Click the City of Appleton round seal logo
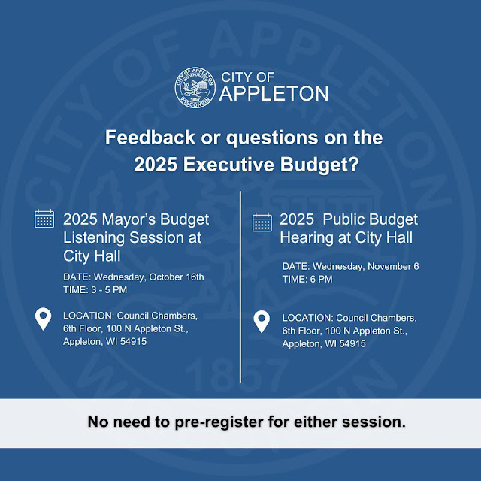(x=195, y=87)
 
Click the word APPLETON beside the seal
(x=274, y=93)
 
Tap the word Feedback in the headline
(x=150, y=137)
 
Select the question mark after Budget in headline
(x=354, y=164)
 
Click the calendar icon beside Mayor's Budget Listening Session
(x=44, y=219)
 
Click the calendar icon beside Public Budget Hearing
(x=262, y=222)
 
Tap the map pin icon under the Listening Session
(x=44, y=319)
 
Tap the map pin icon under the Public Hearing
(x=262, y=322)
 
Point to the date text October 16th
(x=177, y=277)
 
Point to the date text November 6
(x=393, y=266)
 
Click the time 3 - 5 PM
(x=109, y=290)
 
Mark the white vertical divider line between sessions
(x=240, y=287)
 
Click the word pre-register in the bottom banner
(x=219, y=422)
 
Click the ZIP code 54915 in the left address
(x=133, y=341)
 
